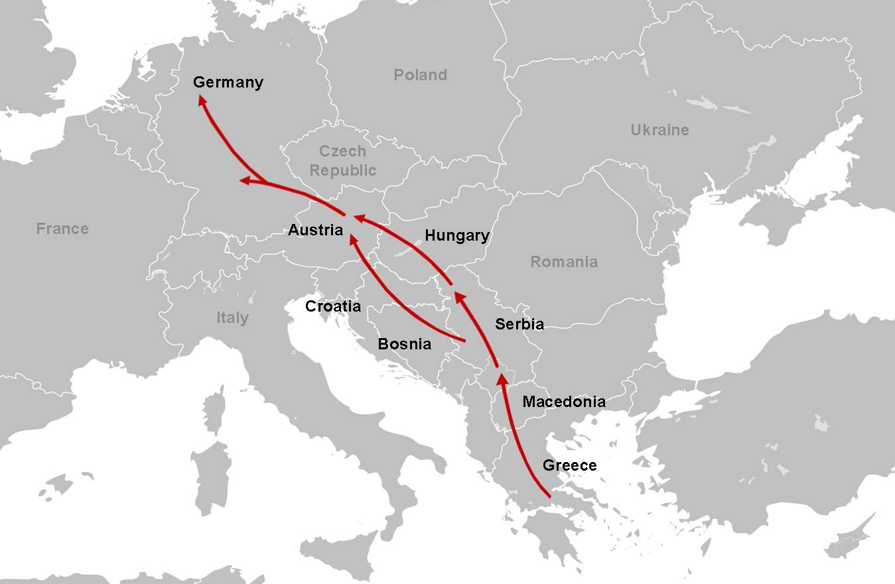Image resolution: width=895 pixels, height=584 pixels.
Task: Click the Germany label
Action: click(228, 83)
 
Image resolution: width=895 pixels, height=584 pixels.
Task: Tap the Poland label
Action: click(421, 75)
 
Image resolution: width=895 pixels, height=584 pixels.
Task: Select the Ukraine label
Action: click(659, 130)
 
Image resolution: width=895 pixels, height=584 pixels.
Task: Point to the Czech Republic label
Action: click(343, 161)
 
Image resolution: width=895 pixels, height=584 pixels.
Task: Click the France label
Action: click(62, 229)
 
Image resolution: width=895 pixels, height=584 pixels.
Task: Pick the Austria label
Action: click(315, 231)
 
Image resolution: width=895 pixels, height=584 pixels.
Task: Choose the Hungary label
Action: click(457, 235)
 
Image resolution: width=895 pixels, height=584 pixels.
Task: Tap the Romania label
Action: click(564, 262)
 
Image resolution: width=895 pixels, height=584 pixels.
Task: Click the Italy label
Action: click(232, 318)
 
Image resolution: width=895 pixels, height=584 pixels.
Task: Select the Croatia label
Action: click(333, 306)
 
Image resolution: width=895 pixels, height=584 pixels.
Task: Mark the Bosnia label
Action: click(404, 344)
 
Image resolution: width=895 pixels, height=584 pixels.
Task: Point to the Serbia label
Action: click(519, 324)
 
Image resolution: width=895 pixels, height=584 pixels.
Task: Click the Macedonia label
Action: click(564, 402)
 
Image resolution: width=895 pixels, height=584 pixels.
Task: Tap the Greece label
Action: click(569, 465)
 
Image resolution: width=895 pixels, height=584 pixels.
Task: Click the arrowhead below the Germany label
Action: click(202, 99)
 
